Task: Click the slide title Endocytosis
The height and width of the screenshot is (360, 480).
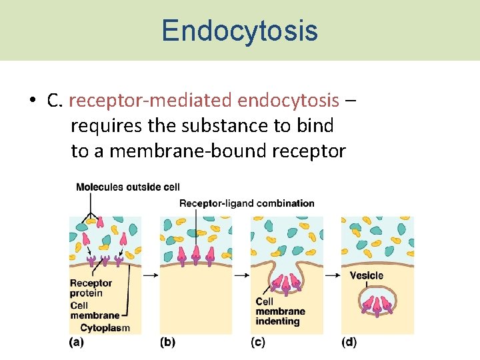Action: [x=239, y=31]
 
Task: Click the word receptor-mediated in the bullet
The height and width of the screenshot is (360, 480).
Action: [x=151, y=101]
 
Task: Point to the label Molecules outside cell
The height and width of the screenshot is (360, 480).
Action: [x=127, y=187]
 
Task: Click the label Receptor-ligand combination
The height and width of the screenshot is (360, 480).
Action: [x=247, y=203]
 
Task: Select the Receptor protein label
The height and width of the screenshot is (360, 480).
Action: [x=91, y=288]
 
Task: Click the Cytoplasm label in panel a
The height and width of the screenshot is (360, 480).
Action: [x=105, y=327]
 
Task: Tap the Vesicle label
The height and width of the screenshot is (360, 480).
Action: [x=367, y=275]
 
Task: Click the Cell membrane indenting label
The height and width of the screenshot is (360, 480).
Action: [x=280, y=311]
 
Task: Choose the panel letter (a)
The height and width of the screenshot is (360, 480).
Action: [x=77, y=342]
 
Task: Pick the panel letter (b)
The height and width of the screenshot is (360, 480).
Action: [x=167, y=342]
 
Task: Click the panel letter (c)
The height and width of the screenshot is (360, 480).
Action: [x=258, y=342]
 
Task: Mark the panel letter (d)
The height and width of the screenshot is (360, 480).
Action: [x=349, y=342]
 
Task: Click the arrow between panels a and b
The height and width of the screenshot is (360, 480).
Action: [x=151, y=274]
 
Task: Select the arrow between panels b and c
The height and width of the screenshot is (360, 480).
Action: [x=241, y=274]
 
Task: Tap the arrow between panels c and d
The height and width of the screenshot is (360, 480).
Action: [x=332, y=274]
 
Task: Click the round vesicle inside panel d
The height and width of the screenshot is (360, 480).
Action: [x=378, y=304]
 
